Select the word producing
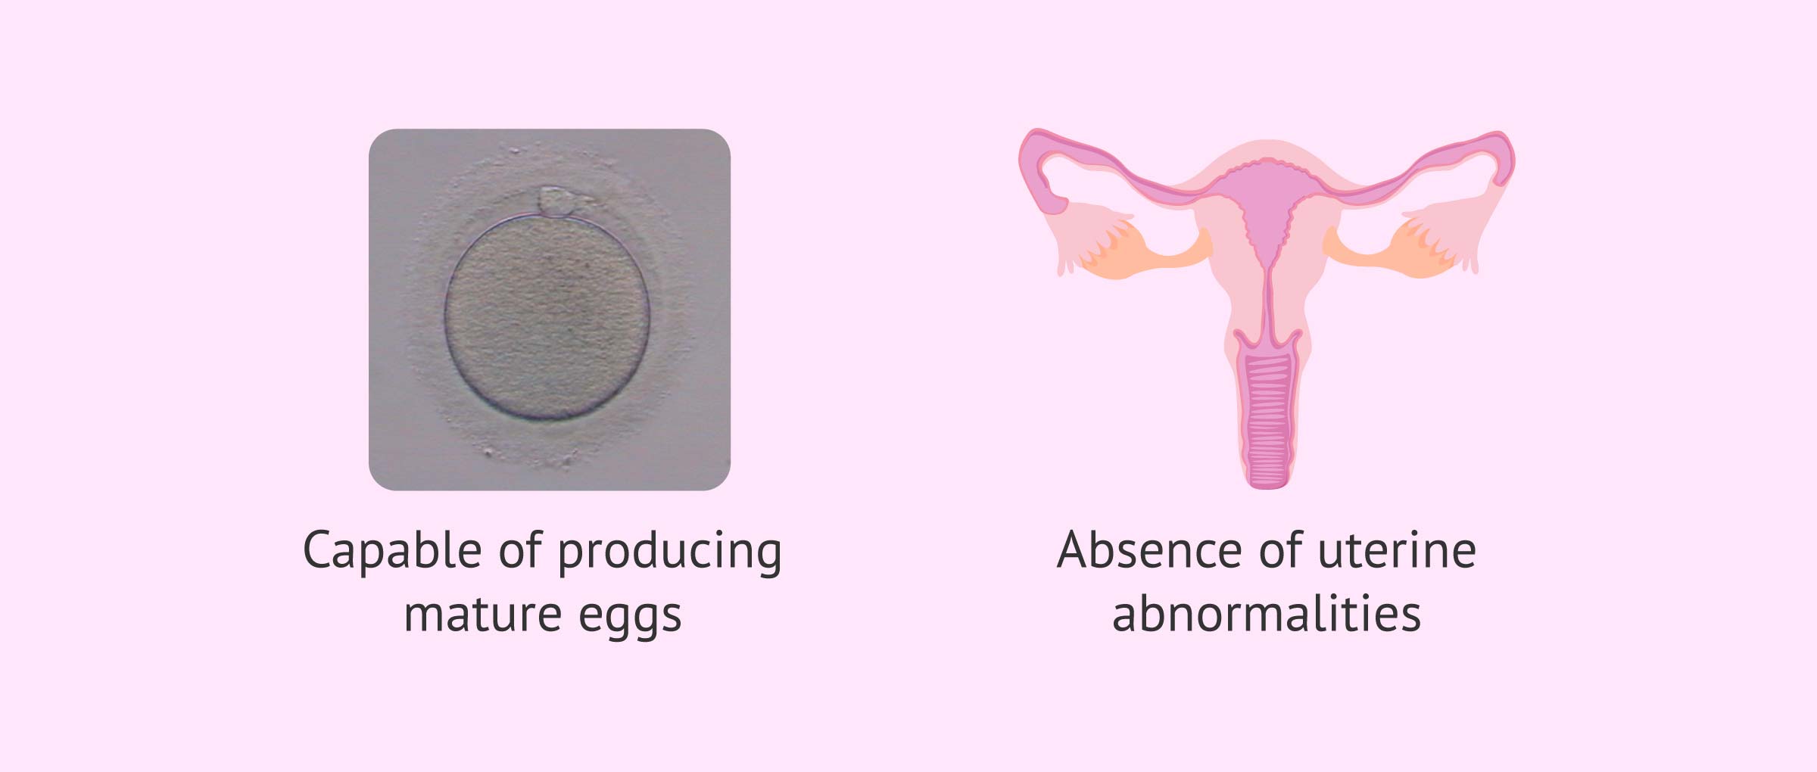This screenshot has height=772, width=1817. (x=670, y=552)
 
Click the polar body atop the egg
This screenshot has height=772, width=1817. (x=557, y=202)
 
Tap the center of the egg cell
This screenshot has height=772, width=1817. (x=547, y=317)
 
